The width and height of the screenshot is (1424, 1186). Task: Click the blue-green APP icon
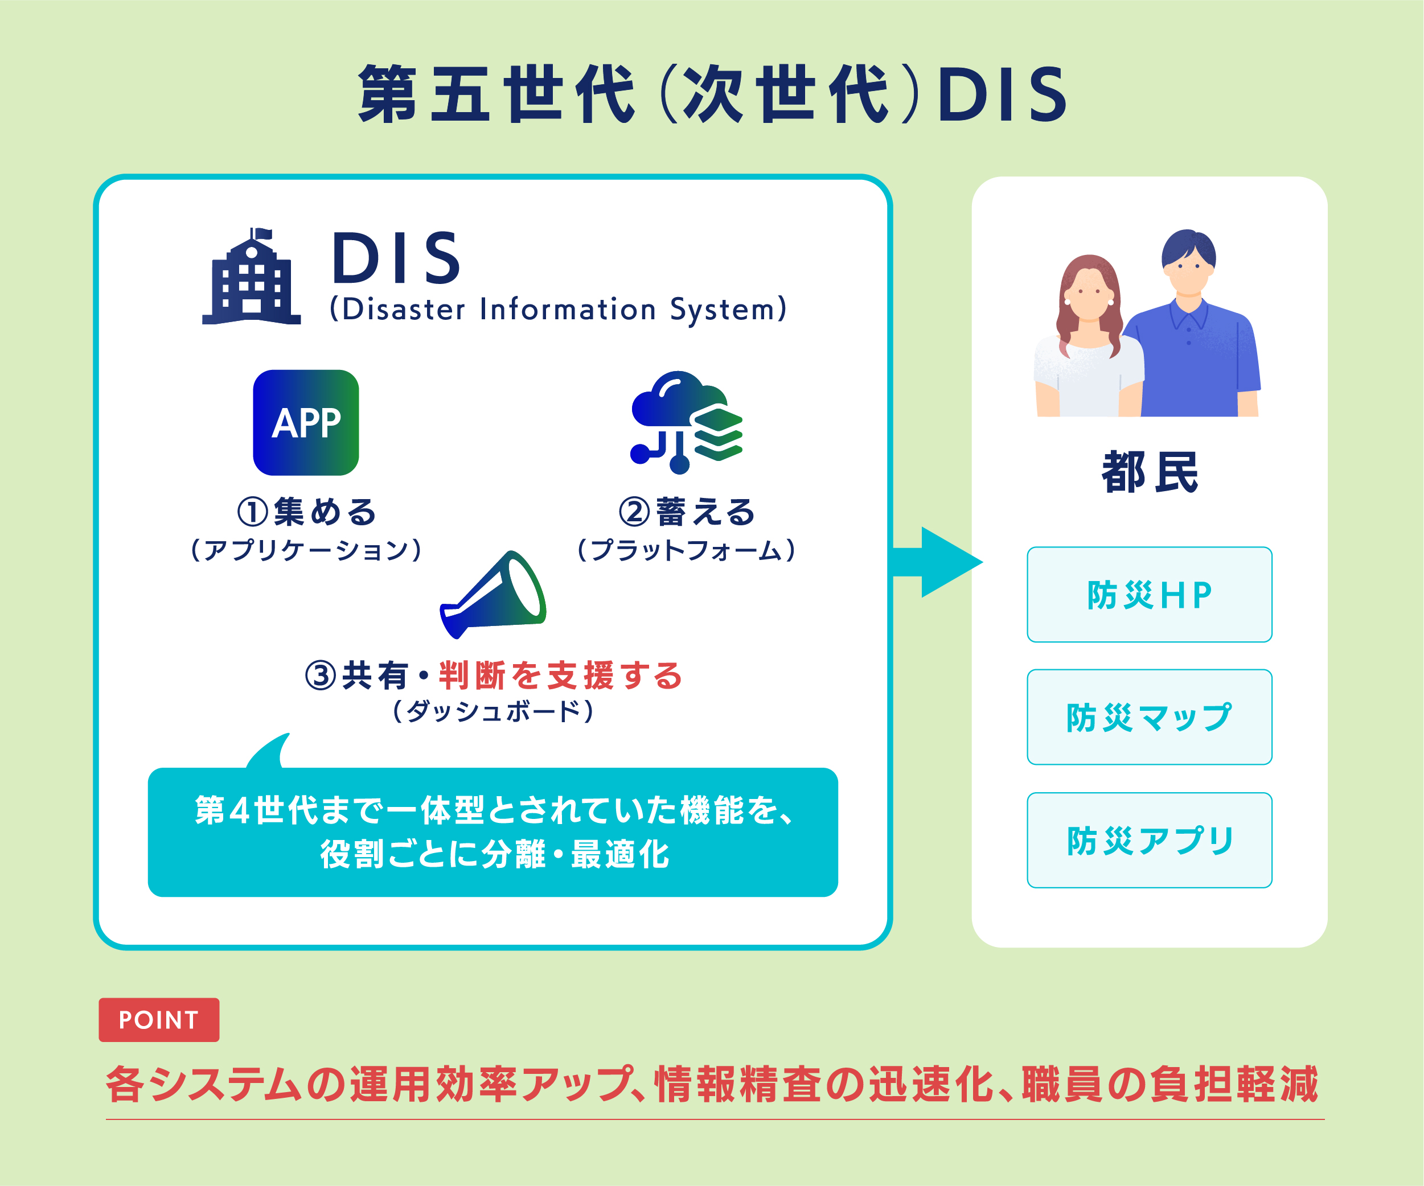306,422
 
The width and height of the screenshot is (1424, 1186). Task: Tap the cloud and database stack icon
686,422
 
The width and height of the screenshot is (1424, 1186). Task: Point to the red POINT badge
159,1019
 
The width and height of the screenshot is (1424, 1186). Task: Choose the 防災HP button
1150,594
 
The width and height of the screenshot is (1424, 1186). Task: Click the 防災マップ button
1150,717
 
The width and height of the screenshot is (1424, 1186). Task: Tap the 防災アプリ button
1150,841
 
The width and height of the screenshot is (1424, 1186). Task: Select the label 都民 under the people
1150,472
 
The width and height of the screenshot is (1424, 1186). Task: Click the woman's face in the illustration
1088,291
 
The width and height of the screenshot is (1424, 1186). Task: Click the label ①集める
306,512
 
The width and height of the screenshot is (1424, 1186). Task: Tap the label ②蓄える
686,512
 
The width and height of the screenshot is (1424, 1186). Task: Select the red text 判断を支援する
560,676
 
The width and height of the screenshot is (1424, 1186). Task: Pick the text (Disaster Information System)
558,309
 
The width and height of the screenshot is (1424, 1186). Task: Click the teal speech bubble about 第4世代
493,831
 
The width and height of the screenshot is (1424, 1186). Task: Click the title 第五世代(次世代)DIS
712,95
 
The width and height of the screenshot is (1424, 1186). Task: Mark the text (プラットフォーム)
686,550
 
